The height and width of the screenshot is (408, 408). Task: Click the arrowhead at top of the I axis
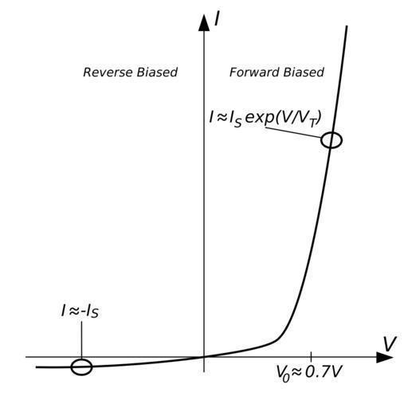204,23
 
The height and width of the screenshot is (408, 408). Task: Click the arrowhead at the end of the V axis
385,357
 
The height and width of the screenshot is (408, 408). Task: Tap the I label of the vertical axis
218,19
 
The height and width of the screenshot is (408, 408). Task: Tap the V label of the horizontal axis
390,343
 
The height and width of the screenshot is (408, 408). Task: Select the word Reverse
108,73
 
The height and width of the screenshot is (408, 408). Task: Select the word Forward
254,73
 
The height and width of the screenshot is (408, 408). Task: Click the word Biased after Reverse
157,73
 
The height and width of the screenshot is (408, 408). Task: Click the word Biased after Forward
304,73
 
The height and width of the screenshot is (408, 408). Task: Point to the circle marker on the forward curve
342,140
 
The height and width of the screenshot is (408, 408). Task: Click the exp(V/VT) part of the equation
283,118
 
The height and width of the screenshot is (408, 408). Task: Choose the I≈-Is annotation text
80,311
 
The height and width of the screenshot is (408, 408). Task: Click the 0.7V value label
323,371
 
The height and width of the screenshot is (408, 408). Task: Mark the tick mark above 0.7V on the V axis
311,355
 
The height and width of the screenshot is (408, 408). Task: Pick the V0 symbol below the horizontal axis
282,373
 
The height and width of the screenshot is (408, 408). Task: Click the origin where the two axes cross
204,357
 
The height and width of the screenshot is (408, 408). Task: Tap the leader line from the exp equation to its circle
293,132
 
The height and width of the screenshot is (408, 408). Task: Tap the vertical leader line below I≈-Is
81,340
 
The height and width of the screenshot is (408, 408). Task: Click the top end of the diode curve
347,26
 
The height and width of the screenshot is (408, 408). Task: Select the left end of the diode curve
37,367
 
